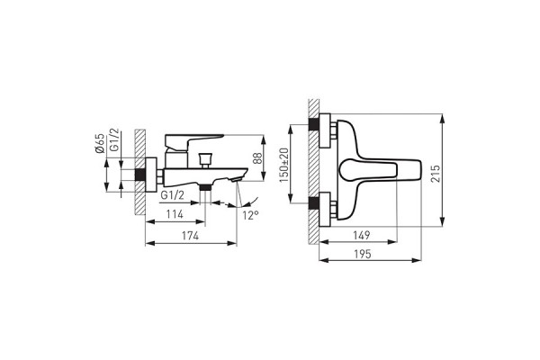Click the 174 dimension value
tap(190, 236)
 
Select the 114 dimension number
tap(175, 214)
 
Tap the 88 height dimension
tap(257, 158)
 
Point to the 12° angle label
tap(250, 216)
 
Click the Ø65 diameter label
tap(100, 143)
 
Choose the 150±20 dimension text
tap(283, 165)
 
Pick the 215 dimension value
tap(436, 174)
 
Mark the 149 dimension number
tap(362, 235)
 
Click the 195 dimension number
tap(363, 254)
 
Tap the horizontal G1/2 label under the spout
tap(172, 195)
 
